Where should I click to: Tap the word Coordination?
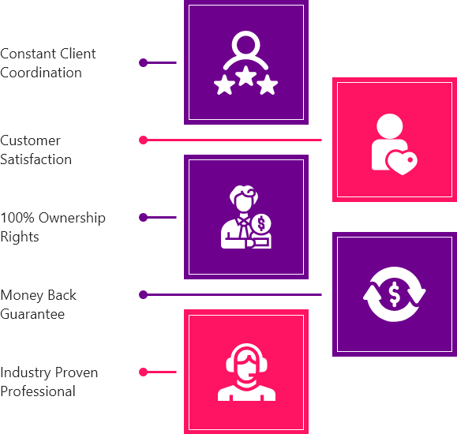41,73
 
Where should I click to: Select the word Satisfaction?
36,159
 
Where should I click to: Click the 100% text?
17,218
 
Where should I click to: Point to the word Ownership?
72,219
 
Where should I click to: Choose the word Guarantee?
32,314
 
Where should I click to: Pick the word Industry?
25,373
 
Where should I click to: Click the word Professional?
38,391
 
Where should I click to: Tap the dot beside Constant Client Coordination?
143,62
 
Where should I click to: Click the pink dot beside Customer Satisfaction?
143,140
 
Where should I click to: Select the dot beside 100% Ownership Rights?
143,218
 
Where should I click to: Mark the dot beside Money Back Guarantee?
143,295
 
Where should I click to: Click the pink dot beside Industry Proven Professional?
143,372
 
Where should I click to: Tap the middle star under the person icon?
245,76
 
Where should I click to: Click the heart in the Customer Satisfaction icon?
402,163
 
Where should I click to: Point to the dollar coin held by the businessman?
261,223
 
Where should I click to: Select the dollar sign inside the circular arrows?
395,294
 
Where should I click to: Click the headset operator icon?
246,372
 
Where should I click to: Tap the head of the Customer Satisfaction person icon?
390,126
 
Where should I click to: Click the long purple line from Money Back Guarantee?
233,295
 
